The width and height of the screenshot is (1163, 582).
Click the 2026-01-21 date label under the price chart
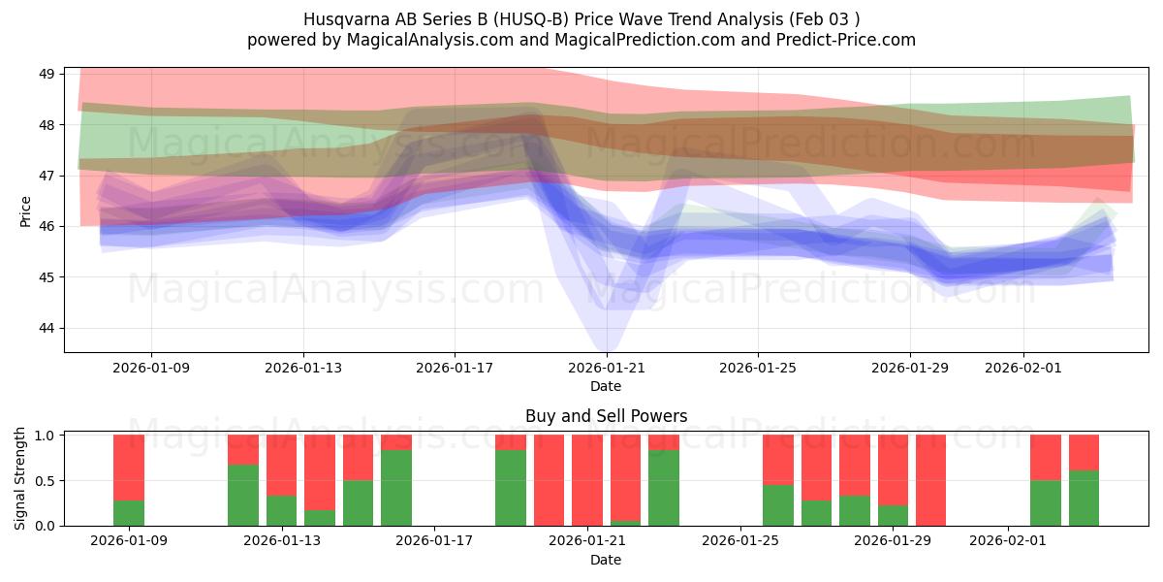coord(606,369)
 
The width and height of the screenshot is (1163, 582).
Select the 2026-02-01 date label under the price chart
coord(1022,369)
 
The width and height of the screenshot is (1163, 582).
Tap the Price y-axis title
coord(26,210)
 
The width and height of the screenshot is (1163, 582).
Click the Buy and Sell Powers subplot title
coord(606,416)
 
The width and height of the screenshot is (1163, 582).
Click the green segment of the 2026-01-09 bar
coord(129,513)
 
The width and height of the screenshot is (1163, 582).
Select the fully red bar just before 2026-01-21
coord(549,480)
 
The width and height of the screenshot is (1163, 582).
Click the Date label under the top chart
coord(606,386)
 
